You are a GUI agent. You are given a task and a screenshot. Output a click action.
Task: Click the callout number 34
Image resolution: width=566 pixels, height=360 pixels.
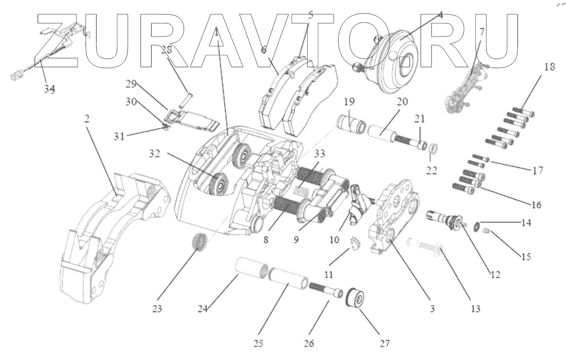click(x=50, y=89)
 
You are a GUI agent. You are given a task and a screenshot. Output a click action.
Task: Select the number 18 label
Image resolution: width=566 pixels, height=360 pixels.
click(x=537, y=67)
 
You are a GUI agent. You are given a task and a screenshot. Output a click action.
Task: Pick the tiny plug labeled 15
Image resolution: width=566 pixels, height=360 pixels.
click(x=487, y=231)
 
